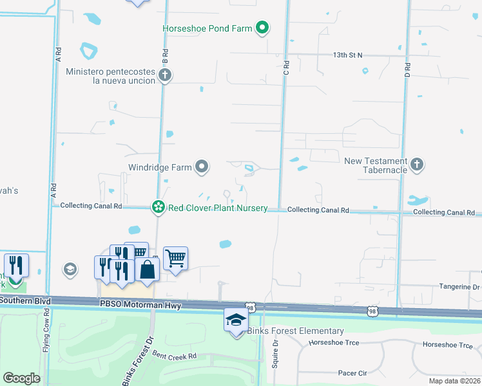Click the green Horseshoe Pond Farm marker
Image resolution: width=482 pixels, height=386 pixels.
coord(262,28)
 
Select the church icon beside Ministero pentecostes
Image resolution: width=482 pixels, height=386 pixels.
coord(165,76)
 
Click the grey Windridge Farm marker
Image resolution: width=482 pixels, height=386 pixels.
coord(202,168)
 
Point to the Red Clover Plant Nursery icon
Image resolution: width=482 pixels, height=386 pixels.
coord(158,207)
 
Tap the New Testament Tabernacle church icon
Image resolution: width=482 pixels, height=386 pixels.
coord(417,165)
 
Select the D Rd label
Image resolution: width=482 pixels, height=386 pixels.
coord(407,66)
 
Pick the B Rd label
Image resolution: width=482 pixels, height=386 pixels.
coord(165,56)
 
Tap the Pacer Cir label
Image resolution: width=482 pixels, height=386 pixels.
coord(352,372)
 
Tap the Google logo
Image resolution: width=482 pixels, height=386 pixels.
coord(21,378)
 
